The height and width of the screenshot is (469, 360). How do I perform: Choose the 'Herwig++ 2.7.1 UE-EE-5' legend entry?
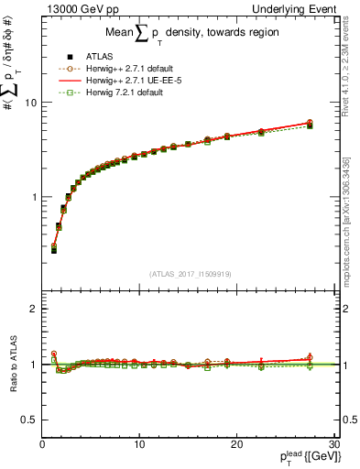pyautogui.click(x=136, y=80)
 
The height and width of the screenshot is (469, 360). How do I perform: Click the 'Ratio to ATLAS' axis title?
pyautogui.click(x=14, y=365)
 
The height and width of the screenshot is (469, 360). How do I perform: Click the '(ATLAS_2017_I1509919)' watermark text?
pyautogui.click(x=189, y=272)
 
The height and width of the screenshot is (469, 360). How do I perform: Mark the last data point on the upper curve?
pyautogui.click(x=310, y=123)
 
